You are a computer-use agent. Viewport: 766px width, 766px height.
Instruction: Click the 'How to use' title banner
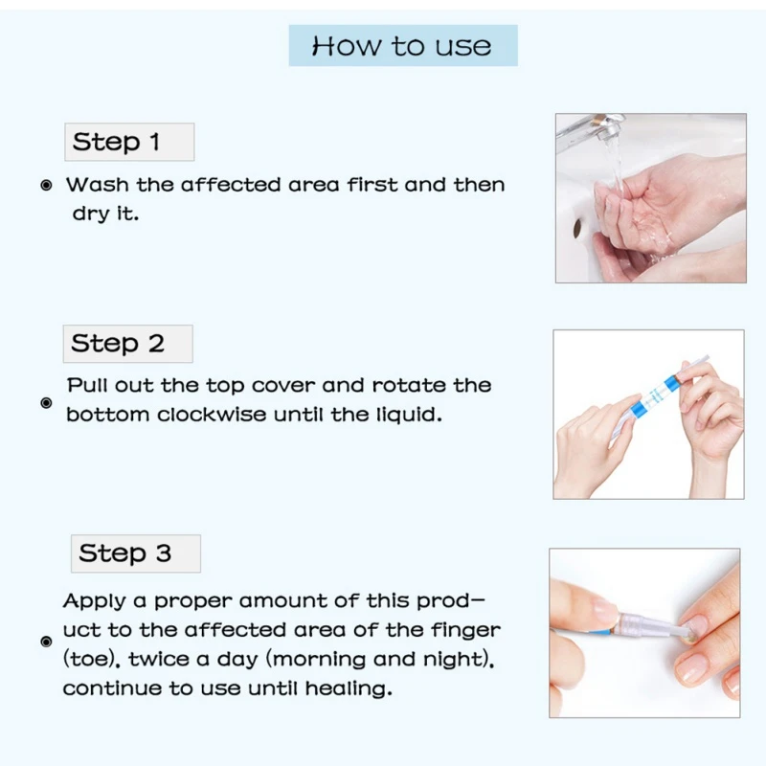coord(403,45)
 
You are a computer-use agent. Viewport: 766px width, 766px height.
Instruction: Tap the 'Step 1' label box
coord(129,142)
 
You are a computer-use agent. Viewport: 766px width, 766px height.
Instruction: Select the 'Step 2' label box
coord(128,344)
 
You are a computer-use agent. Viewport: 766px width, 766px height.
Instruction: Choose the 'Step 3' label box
coord(136,553)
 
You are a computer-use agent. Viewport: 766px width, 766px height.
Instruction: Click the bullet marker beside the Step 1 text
coord(46,185)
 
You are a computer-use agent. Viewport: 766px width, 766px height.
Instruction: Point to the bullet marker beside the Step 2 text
coord(46,403)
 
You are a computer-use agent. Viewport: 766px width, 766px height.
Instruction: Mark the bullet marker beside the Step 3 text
coord(46,642)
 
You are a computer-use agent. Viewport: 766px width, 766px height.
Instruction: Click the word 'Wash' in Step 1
coord(98,185)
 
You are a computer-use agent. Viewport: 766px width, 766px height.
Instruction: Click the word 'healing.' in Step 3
coord(349,688)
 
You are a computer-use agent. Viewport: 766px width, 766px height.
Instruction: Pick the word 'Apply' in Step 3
coord(94,602)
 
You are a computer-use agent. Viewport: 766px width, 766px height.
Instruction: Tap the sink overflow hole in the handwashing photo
coord(577,228)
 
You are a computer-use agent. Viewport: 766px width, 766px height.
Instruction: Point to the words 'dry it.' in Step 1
coord(105,214)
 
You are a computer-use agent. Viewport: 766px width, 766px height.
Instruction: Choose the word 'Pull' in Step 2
coord(86,386)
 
